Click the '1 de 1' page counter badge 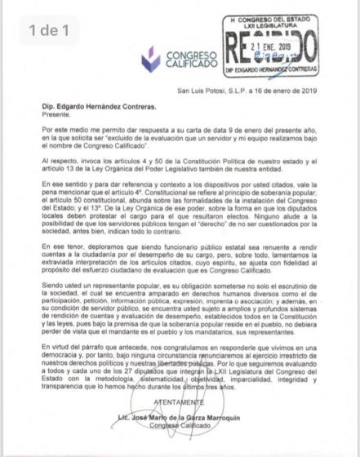click(x=49, y=31)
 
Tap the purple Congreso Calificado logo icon click(x=149, y=58)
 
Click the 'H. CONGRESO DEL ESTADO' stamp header click(x=270, y=17)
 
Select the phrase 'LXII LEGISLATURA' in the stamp click(x=270, y=24)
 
